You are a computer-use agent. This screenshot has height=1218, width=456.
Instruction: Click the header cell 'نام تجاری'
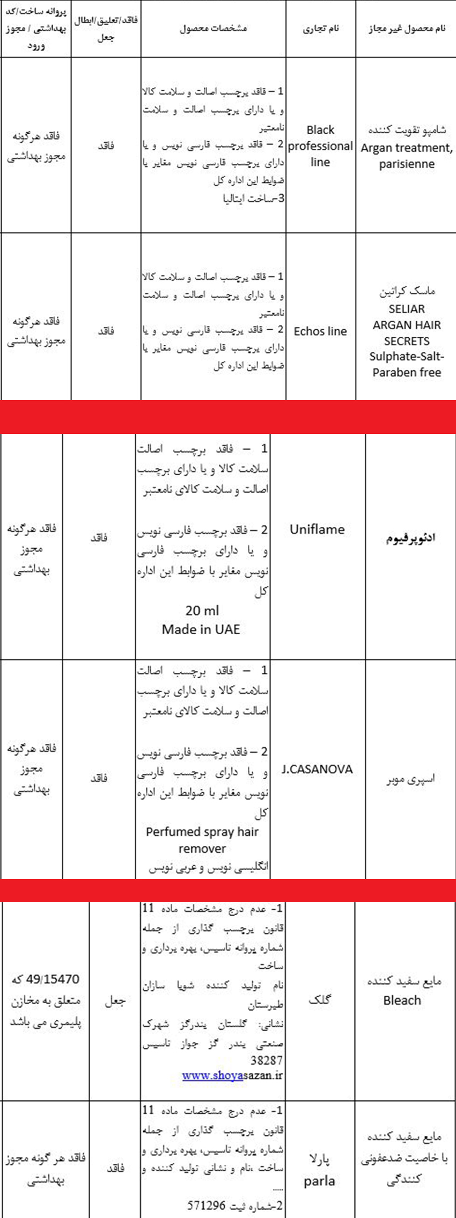[x=321, y=28]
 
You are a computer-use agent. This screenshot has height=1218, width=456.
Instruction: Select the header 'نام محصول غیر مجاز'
[x=406, y=28]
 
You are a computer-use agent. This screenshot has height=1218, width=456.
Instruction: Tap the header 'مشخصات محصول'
[x=213, y=28]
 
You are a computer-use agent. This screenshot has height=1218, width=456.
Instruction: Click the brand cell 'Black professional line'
[x=320, y=146]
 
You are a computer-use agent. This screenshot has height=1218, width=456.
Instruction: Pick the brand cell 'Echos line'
[x=320, y=331]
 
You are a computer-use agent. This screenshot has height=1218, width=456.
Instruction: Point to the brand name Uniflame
[x=317, y=530]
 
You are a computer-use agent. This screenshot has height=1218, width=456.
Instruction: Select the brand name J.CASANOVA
[x=317, y=769]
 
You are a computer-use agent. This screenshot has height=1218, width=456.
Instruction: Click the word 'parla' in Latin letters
[x=319, y=1181]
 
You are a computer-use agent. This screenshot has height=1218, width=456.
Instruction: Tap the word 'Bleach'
[x=402, y=1000]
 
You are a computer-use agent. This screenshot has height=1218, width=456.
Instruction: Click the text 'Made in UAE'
[x=201, y=629]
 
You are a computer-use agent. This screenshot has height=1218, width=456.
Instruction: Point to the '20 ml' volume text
[x=202, y=611]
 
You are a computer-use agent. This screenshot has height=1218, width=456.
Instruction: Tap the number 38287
[x=266, y=1060]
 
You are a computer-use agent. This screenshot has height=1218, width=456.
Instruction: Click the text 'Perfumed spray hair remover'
[x=202, y=840]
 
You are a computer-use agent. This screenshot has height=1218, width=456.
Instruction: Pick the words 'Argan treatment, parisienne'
[x=406, y=156]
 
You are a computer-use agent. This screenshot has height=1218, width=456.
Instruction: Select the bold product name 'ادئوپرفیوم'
[x=410, y=538]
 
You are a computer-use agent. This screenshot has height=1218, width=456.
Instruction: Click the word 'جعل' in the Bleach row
[x=115, y=1001]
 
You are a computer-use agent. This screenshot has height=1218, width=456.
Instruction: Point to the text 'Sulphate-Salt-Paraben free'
[x=406, y=364]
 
